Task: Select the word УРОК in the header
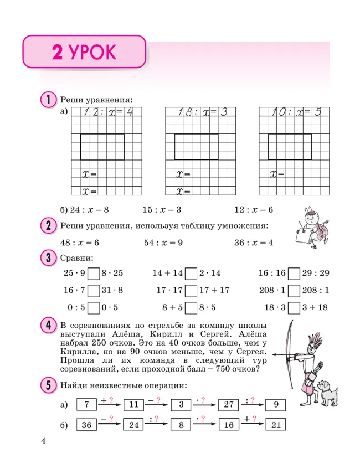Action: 92,53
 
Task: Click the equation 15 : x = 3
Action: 162,210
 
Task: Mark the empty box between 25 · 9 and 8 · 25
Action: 94,273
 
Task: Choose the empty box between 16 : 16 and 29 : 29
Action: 295,273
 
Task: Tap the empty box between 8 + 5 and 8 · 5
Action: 191,308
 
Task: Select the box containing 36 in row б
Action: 86,425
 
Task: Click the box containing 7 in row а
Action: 86,405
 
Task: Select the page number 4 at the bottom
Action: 43,441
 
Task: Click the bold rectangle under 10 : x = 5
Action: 290,147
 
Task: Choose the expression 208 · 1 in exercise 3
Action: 275,290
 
